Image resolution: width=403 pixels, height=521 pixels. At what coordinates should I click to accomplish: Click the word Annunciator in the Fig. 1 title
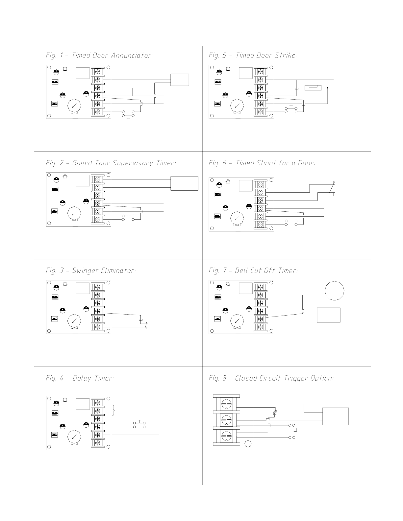(x=132, y=55)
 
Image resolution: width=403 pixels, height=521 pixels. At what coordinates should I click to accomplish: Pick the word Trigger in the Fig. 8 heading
(x=296, y=379)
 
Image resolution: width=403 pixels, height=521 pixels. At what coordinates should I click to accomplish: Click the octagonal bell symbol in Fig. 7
(x=334, y=291)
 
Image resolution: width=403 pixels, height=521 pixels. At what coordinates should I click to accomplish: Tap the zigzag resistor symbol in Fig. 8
(x=275, y=412)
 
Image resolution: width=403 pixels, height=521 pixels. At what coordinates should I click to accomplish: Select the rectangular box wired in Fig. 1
(x=180, y=80)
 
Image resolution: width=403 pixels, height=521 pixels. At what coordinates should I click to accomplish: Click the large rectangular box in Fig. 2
(x=184, y=183)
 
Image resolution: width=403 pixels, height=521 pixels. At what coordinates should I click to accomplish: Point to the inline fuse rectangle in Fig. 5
(x=313, y=88)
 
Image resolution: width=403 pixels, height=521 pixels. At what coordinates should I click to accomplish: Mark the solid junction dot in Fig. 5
(x=327, y=88)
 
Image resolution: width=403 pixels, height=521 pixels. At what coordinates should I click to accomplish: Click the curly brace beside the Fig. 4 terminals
(x=113, y=411)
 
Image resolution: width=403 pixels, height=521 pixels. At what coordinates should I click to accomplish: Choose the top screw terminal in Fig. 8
(x=226, y=404)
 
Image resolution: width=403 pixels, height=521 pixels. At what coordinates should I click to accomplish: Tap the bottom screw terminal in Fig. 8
(x=226, y=436)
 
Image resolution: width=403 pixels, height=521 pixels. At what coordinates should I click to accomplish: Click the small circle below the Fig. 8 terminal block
(x=248, y=444)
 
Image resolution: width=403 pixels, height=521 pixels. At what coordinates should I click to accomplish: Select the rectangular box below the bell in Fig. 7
(x=329, y=315)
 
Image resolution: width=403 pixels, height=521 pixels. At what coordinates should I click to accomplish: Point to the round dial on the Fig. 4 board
(x=74, y=437)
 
